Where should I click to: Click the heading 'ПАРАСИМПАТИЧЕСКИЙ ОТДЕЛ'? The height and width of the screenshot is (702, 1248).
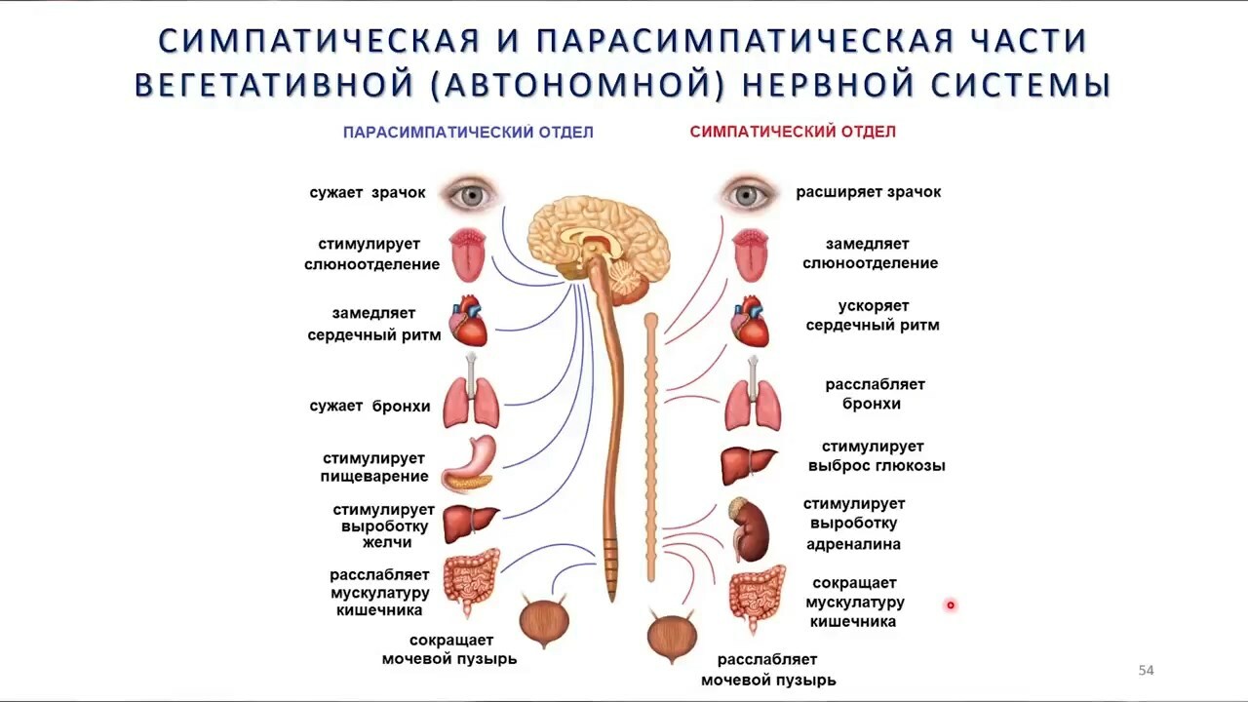coord(468,132)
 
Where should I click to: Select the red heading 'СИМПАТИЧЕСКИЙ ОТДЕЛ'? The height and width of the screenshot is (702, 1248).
coord(793,132)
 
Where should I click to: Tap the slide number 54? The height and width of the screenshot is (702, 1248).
coord(1146,670)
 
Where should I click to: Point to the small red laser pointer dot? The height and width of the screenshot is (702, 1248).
coord(951,604)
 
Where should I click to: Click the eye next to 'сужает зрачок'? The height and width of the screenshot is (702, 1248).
coord(471,195)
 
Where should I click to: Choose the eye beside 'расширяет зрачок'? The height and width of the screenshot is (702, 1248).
coord(747,195)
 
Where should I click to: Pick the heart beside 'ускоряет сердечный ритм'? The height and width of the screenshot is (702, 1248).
coord(750,322)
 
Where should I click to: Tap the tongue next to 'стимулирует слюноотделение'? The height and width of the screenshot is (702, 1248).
coord(468,254)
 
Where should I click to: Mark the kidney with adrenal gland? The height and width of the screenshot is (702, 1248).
coord(749,529)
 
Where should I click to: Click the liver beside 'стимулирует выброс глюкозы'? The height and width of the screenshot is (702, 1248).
coord(748,466)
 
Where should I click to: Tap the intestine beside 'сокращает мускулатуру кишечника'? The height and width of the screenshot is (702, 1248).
coord(758,599)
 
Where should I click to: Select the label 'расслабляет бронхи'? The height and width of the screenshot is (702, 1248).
coord(875,394)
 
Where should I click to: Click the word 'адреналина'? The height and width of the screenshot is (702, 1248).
coord(853,544)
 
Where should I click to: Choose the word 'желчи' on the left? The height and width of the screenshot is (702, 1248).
coord(387,542)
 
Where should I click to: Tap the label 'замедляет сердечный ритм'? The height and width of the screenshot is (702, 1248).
coord(373,325)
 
